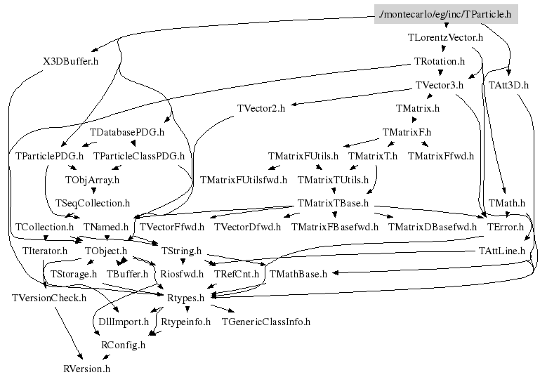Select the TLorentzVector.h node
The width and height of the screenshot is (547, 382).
(x=445, y=37)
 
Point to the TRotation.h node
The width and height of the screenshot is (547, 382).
(x=440, y=61)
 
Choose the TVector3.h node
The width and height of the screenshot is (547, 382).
(x=440, y=85)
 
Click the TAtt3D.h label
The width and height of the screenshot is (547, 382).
(x=509, y=85)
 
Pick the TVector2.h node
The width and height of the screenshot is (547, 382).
(x=261, y=108)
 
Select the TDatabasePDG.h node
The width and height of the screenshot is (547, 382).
(x=127, y=132)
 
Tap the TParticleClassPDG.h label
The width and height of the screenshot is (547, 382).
(x=139, y=156)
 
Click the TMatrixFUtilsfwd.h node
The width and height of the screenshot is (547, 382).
(x=244, y=180)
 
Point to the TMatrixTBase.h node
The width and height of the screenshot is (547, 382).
(x=333, y=203)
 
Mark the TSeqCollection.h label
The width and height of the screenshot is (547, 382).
(x=93, y=203)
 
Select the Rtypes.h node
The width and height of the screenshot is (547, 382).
(x=185, y=298)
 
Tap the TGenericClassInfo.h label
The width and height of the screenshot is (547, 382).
(x=265, y=322)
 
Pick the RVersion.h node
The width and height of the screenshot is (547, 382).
(x=86, y=368)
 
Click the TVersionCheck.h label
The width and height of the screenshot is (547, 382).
(x=49, y=298)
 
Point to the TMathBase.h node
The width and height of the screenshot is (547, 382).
(x=298, y=274)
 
